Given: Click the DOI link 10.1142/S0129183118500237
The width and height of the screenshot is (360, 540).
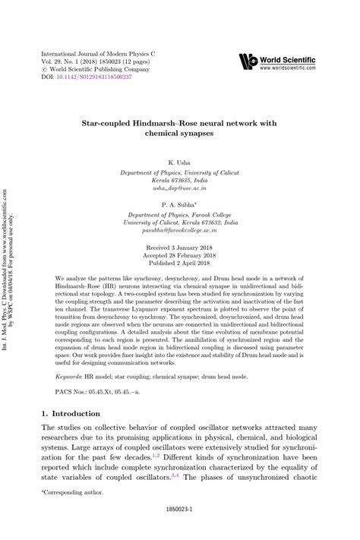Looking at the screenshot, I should click(x=98, y=77).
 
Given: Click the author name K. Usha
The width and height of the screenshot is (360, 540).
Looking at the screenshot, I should click(x=180, y=162).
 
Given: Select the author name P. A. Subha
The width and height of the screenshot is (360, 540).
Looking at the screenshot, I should click(x=180, y=205).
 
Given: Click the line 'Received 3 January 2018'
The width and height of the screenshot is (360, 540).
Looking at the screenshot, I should click(x=180, y=248).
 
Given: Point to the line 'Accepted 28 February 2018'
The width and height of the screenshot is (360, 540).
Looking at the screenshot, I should click(x=180, y=257).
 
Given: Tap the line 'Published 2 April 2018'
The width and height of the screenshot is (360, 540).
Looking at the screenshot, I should click(x=180, y=265).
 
